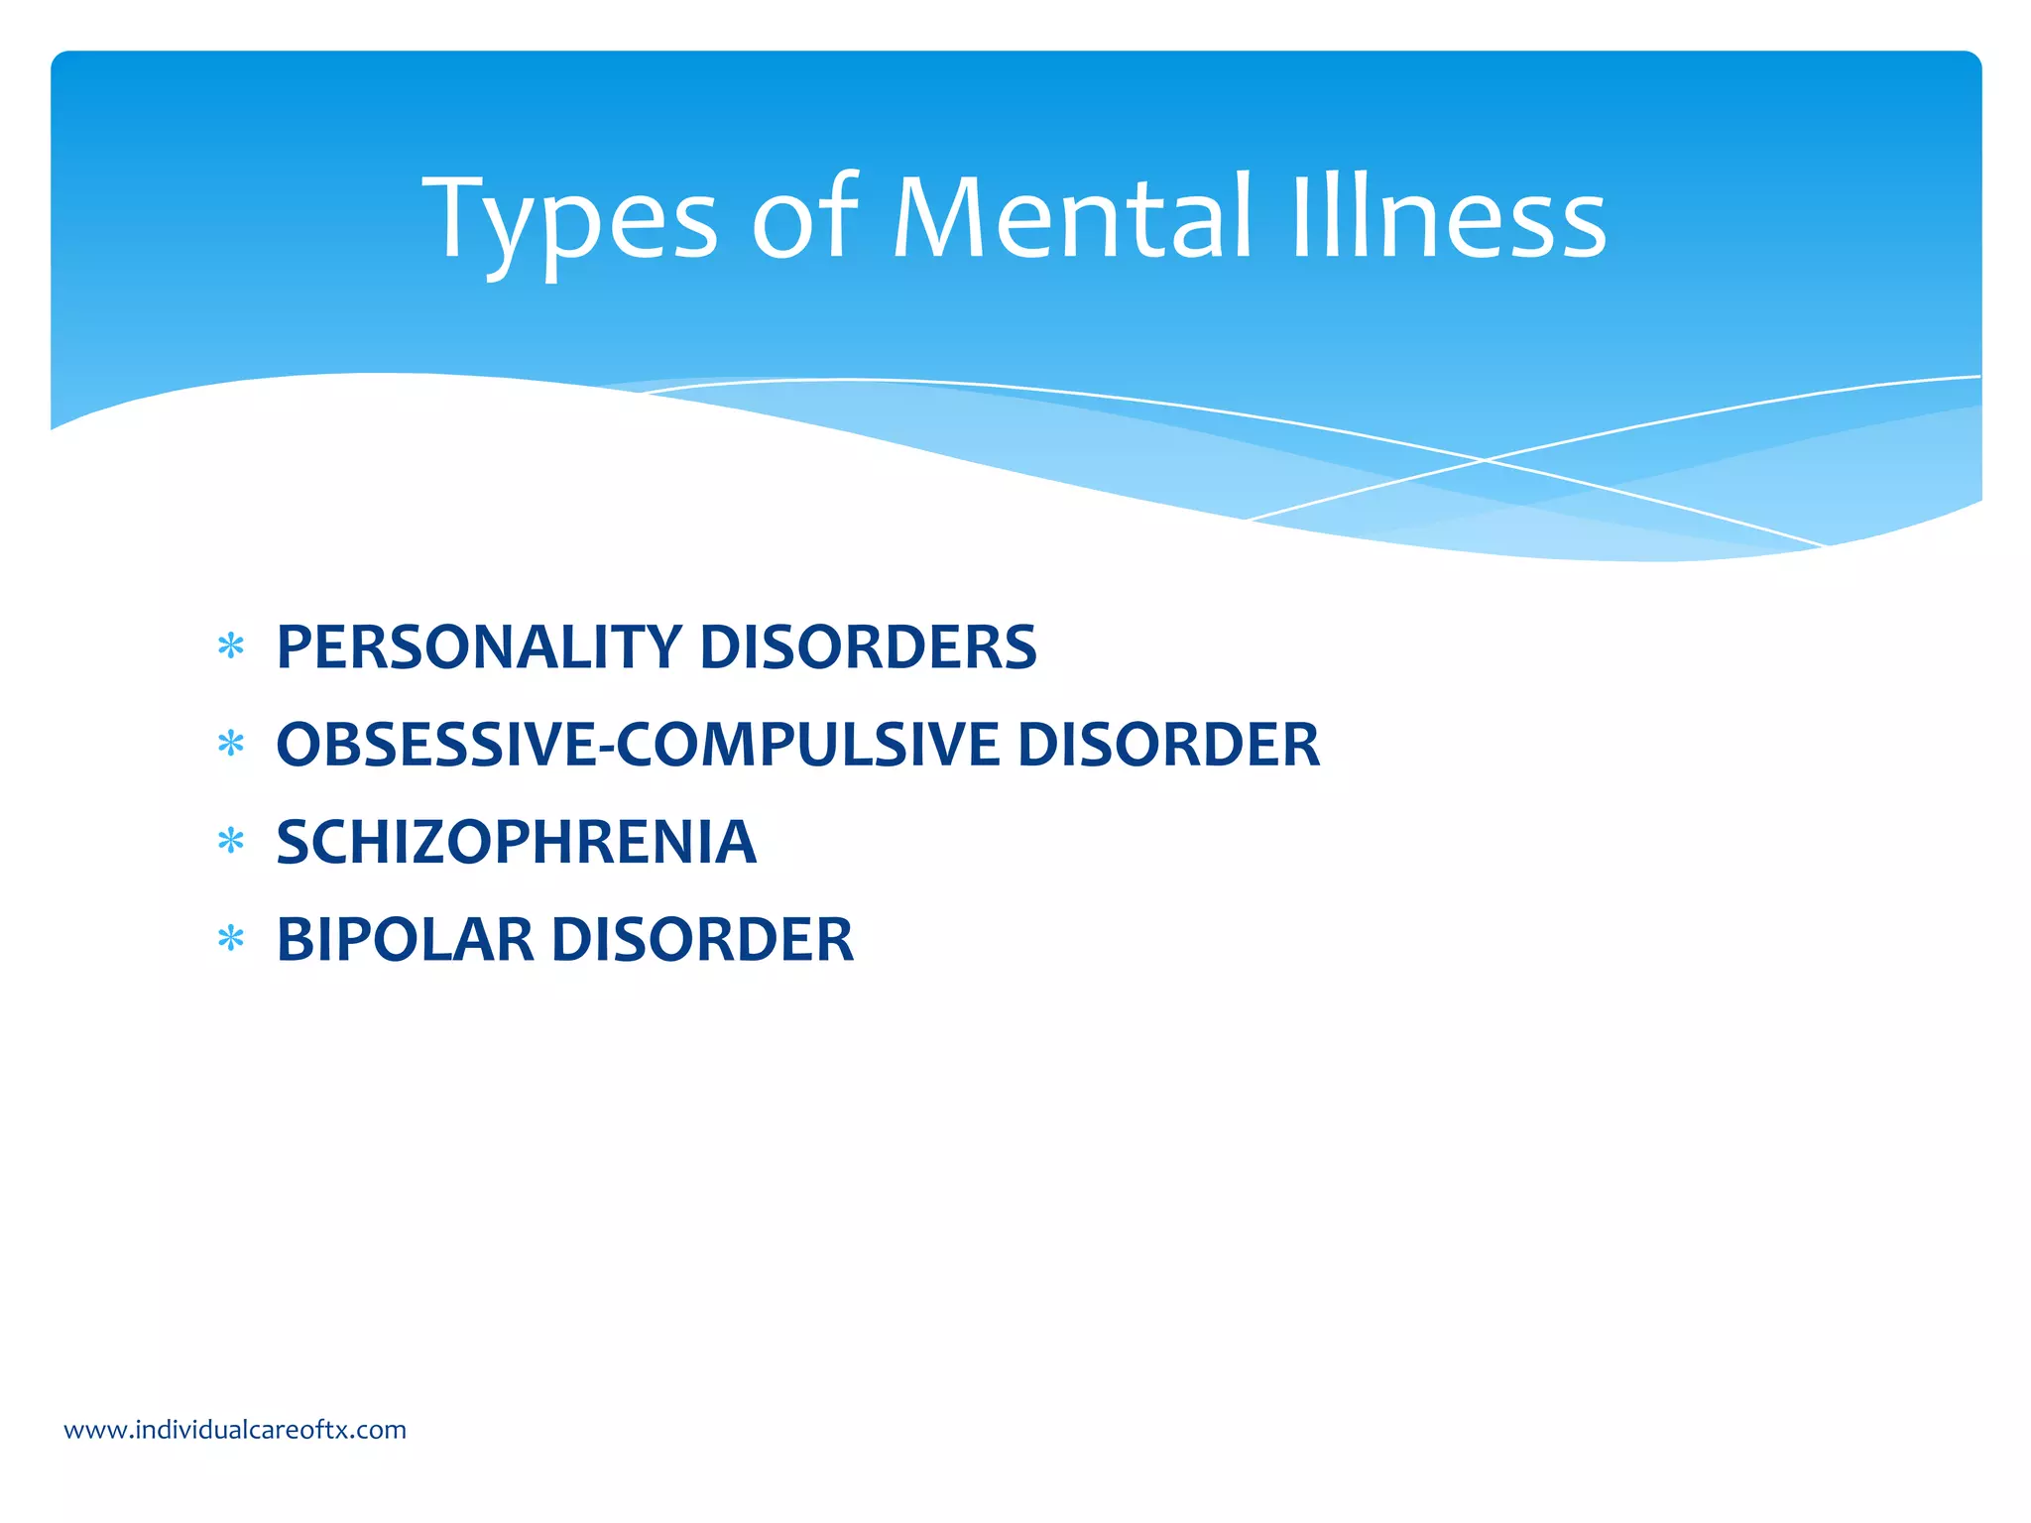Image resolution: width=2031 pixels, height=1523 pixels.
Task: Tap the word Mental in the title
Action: coord(1072,218)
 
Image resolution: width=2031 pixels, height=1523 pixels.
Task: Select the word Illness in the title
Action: coord(1448,218)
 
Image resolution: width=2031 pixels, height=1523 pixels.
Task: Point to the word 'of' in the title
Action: coord(804,218)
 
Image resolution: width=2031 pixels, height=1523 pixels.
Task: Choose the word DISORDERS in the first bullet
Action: coord(868,647)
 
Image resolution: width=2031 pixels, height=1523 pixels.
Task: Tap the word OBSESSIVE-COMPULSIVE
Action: coord(637,745)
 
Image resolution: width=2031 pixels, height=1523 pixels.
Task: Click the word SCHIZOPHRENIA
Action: coord(516,842)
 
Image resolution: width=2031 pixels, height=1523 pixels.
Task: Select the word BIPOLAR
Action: coord(405,939)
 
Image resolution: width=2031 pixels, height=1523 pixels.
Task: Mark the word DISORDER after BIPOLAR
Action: coord(702,939)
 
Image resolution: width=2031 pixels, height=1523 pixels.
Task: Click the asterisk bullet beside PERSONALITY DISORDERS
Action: coord(231,647)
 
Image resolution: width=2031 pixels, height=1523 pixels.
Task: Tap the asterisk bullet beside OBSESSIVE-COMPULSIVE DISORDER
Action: coord(231,744)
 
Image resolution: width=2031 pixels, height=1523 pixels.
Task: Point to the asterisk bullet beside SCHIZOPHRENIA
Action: coord(231,842)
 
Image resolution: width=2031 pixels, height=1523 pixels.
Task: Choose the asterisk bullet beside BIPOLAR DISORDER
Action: coord(231,938)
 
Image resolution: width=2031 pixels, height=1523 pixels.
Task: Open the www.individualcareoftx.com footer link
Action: coord(235,1430)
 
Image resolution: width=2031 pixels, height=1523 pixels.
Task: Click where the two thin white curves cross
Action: coord(1485,460)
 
